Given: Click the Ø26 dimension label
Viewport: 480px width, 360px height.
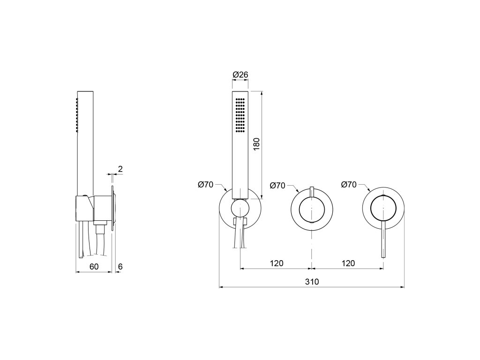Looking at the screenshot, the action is tap(240, 75).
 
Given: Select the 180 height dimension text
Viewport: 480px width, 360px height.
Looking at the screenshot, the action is tap(256, 144).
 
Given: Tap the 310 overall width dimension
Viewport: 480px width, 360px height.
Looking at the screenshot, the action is tap(312, 281).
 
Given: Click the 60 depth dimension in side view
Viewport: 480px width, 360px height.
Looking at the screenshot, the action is tap(94, 266).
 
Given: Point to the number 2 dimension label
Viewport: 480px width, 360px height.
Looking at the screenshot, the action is tap(120, 169).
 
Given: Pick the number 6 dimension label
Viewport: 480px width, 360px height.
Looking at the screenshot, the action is tap(120, 266).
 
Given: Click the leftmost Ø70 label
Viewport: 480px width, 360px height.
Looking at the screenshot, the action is tap(205, 185).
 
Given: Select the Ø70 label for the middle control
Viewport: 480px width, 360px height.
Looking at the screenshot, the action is tap(277, 185).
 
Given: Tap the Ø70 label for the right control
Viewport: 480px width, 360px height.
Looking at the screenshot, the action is tap(349, 185).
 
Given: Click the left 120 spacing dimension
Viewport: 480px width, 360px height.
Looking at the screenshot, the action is tap(277, 263).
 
